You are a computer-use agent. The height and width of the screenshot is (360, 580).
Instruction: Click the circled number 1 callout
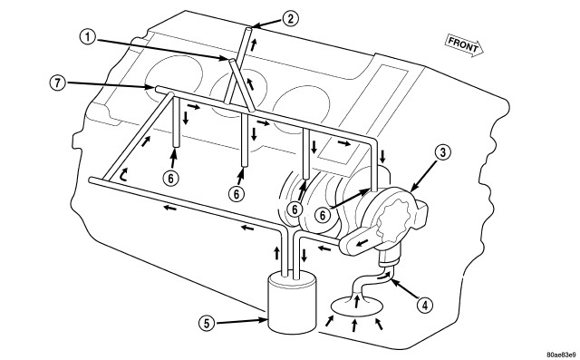tap(88, 37)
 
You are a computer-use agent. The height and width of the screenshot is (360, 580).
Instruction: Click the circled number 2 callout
tap(290, 18)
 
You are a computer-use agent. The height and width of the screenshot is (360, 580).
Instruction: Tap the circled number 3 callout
tap(443, 153)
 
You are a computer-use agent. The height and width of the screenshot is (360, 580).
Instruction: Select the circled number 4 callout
tap(425, 306)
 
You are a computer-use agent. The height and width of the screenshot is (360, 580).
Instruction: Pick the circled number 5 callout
tap(207, 324)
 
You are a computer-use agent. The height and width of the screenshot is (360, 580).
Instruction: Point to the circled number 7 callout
tap(58, 83)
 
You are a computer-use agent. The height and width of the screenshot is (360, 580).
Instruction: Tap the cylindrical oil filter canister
tap(292, 302)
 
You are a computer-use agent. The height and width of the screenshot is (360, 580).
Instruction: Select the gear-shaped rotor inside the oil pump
tap(395, 219)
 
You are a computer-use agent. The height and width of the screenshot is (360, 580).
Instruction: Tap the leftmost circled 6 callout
tap(170, 179)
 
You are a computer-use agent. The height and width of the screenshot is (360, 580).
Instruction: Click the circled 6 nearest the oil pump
tap(323, 215)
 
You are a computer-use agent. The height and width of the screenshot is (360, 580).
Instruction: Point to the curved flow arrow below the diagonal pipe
tap(123, 174)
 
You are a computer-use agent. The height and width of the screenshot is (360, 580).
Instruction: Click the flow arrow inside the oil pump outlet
tap(362, 243)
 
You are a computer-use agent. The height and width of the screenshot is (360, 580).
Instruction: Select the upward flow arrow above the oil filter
tap(276, 254)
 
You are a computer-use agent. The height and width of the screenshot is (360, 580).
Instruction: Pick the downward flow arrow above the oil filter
tap(304, 256)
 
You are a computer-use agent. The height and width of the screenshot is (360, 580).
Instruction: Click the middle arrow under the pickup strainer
tap(354, 326)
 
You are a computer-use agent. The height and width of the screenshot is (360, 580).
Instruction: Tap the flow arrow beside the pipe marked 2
tap(254, 45)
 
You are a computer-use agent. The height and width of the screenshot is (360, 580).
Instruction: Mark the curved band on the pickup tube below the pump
tap(390, 261)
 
